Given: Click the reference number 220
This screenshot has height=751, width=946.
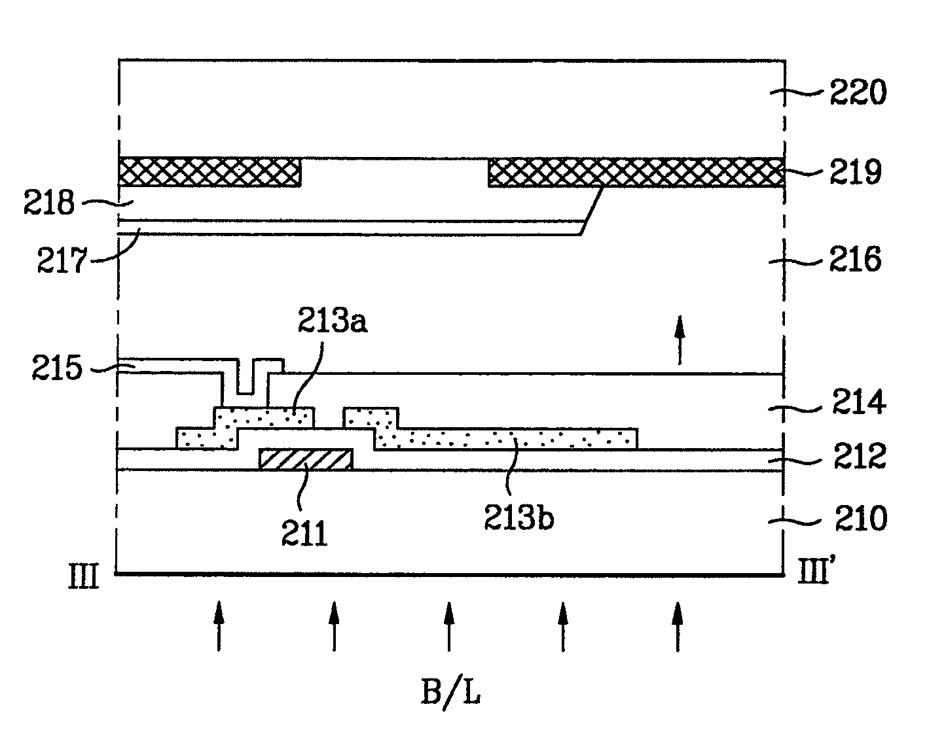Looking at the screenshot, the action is pos(858,92).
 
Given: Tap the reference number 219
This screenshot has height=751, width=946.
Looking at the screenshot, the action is pos(855,171).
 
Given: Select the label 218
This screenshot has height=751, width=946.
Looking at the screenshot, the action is pos(49,203).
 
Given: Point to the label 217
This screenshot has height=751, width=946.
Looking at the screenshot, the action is pos(62,260).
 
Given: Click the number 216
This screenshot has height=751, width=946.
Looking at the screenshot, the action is pos(855,259).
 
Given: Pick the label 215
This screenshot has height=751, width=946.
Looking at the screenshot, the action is pos(57,368).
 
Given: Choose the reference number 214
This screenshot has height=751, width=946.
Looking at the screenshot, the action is pos(859,402).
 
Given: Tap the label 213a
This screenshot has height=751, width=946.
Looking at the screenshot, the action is pos(333,320).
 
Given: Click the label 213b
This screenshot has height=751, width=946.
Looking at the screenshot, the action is pos(519,517).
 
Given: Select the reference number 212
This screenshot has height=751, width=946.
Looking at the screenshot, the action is pos(860,456).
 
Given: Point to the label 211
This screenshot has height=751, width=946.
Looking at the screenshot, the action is pos(304,533).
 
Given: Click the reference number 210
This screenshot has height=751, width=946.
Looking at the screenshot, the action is pos(861,519).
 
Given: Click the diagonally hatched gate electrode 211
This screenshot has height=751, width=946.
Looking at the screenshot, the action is pos(306,459).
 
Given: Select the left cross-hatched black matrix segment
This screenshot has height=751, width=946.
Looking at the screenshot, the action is pos(209,172).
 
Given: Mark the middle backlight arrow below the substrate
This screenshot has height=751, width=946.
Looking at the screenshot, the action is pos(448,626).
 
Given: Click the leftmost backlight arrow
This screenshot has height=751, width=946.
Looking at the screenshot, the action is pos(219,626).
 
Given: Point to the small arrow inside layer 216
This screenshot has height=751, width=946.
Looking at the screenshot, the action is pos(680,340).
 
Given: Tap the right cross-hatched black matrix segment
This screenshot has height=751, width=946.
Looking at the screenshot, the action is pos(636,172).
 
